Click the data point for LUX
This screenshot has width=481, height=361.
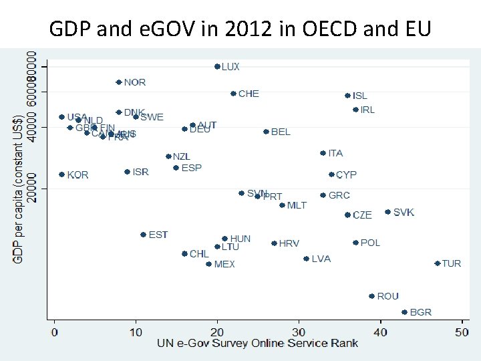(217, 66)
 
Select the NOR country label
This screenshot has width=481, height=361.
(134, 82)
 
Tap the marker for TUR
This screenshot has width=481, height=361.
(438, 263)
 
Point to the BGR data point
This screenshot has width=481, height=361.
(404, 312)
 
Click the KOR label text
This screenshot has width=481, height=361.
(77, 174)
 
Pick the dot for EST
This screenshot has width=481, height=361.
(143, 235)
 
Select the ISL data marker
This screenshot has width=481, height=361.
(347, 96)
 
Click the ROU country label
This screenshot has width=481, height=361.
(387, 296)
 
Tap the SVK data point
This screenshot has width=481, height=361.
(387, 212)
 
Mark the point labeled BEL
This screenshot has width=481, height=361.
(266, 132)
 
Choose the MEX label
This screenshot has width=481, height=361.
(224, 264)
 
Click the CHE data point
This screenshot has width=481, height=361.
(233, 94)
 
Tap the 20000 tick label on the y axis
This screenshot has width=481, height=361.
(31, 189)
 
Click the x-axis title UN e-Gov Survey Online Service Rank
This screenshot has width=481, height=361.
(257, 344)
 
